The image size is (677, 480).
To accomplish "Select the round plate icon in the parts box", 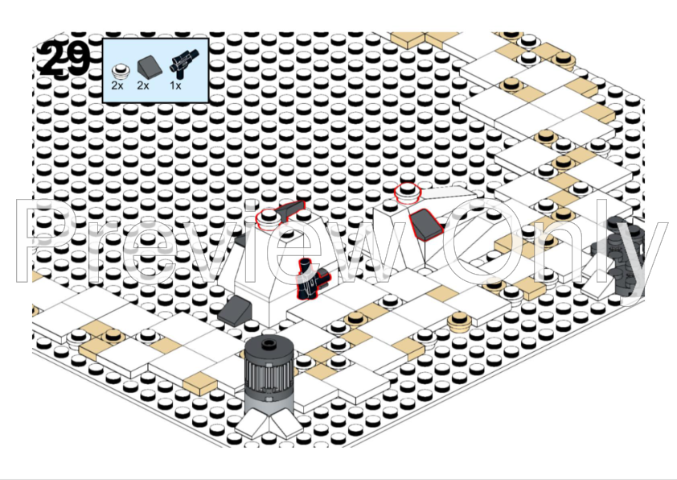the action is coord(121,71).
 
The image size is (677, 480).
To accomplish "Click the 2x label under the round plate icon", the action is coord(117,85).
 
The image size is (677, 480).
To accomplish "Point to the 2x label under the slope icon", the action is coord(143,85).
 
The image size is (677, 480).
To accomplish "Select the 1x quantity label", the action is coord(175,85).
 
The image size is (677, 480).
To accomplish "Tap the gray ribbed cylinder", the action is coord(269,374).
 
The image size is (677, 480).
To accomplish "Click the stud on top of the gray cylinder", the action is coord(269,344).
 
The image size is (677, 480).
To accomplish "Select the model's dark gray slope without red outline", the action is coord(235,312).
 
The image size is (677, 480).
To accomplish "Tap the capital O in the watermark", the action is coord(478,242).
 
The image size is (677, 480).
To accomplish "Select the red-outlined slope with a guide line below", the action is coord(426,224).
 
